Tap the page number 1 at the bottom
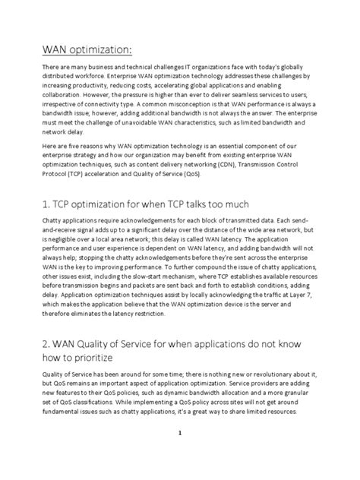[181, 454]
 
